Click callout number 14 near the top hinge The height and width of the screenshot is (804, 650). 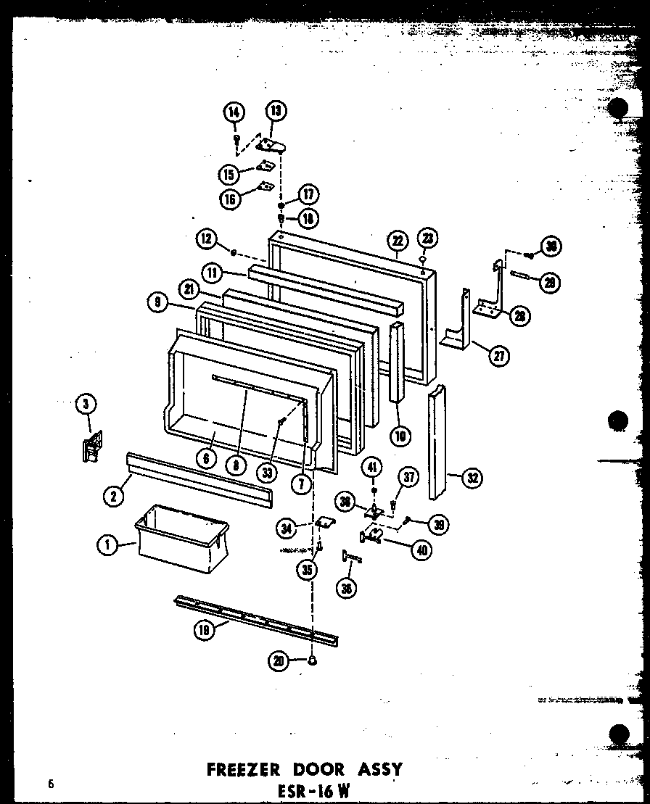(x=234, y=112)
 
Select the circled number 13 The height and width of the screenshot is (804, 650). (x=276, y=111)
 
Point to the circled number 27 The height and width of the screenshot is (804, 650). (x=498, y=355)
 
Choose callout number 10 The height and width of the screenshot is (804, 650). (x=400, y=436)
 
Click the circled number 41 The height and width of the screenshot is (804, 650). (x=372, y=468)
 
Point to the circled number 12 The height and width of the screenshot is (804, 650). (x=207, y=238)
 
